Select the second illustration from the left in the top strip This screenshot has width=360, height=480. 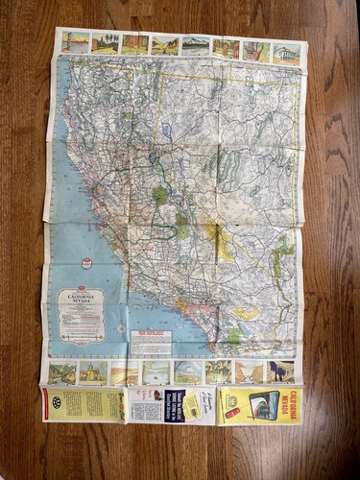105,43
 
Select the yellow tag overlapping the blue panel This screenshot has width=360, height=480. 189,405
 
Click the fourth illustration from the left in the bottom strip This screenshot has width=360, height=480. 156,372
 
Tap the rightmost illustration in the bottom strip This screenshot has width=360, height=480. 280,372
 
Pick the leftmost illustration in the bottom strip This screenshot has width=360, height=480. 63,372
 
